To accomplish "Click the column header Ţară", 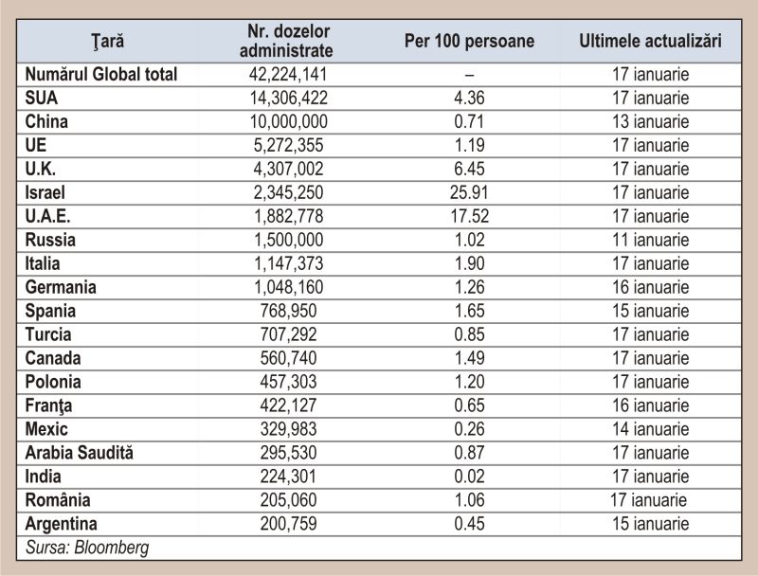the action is (108, 41).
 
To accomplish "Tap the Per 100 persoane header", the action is (469, 41).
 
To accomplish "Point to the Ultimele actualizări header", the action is (650, 41).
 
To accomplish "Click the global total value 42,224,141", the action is (288, 75).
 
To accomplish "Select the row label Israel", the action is (45, 192).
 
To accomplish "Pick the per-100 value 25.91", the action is (469, 192).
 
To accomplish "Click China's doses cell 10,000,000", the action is (289, 122).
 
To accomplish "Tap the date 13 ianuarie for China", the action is (651, 121).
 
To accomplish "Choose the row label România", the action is (58, 500).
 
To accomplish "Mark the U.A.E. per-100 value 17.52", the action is (469, 216).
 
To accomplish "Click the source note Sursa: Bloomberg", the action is (87, 548).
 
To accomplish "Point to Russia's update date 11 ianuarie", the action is (651, 240).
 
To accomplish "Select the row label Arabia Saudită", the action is (80, 453).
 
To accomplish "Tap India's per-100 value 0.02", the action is (469, 477).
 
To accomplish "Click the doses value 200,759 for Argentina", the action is (289, 524).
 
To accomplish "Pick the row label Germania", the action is (61, 287).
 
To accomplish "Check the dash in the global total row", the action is (469, 76).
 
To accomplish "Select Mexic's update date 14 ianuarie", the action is (651, 429).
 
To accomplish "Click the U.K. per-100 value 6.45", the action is (469, 169).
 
